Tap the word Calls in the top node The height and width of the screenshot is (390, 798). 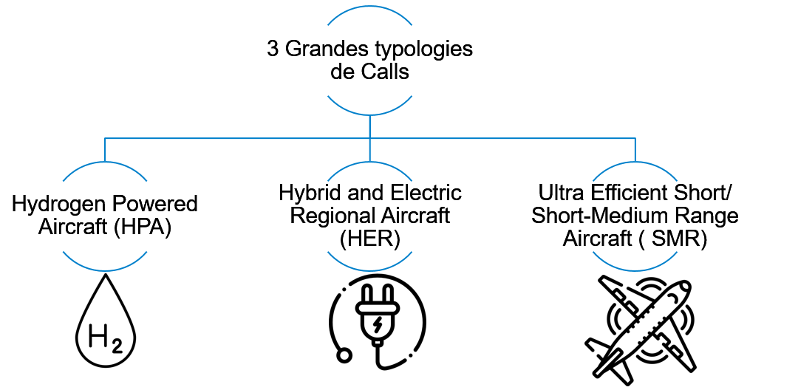point(387,72)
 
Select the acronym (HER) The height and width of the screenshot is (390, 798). point(369,239)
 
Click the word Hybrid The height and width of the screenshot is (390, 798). point(305,194)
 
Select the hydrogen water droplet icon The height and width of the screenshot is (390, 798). point(105,325)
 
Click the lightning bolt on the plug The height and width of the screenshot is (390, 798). point(378,324)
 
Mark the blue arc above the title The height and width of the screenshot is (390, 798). point(369,17)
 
